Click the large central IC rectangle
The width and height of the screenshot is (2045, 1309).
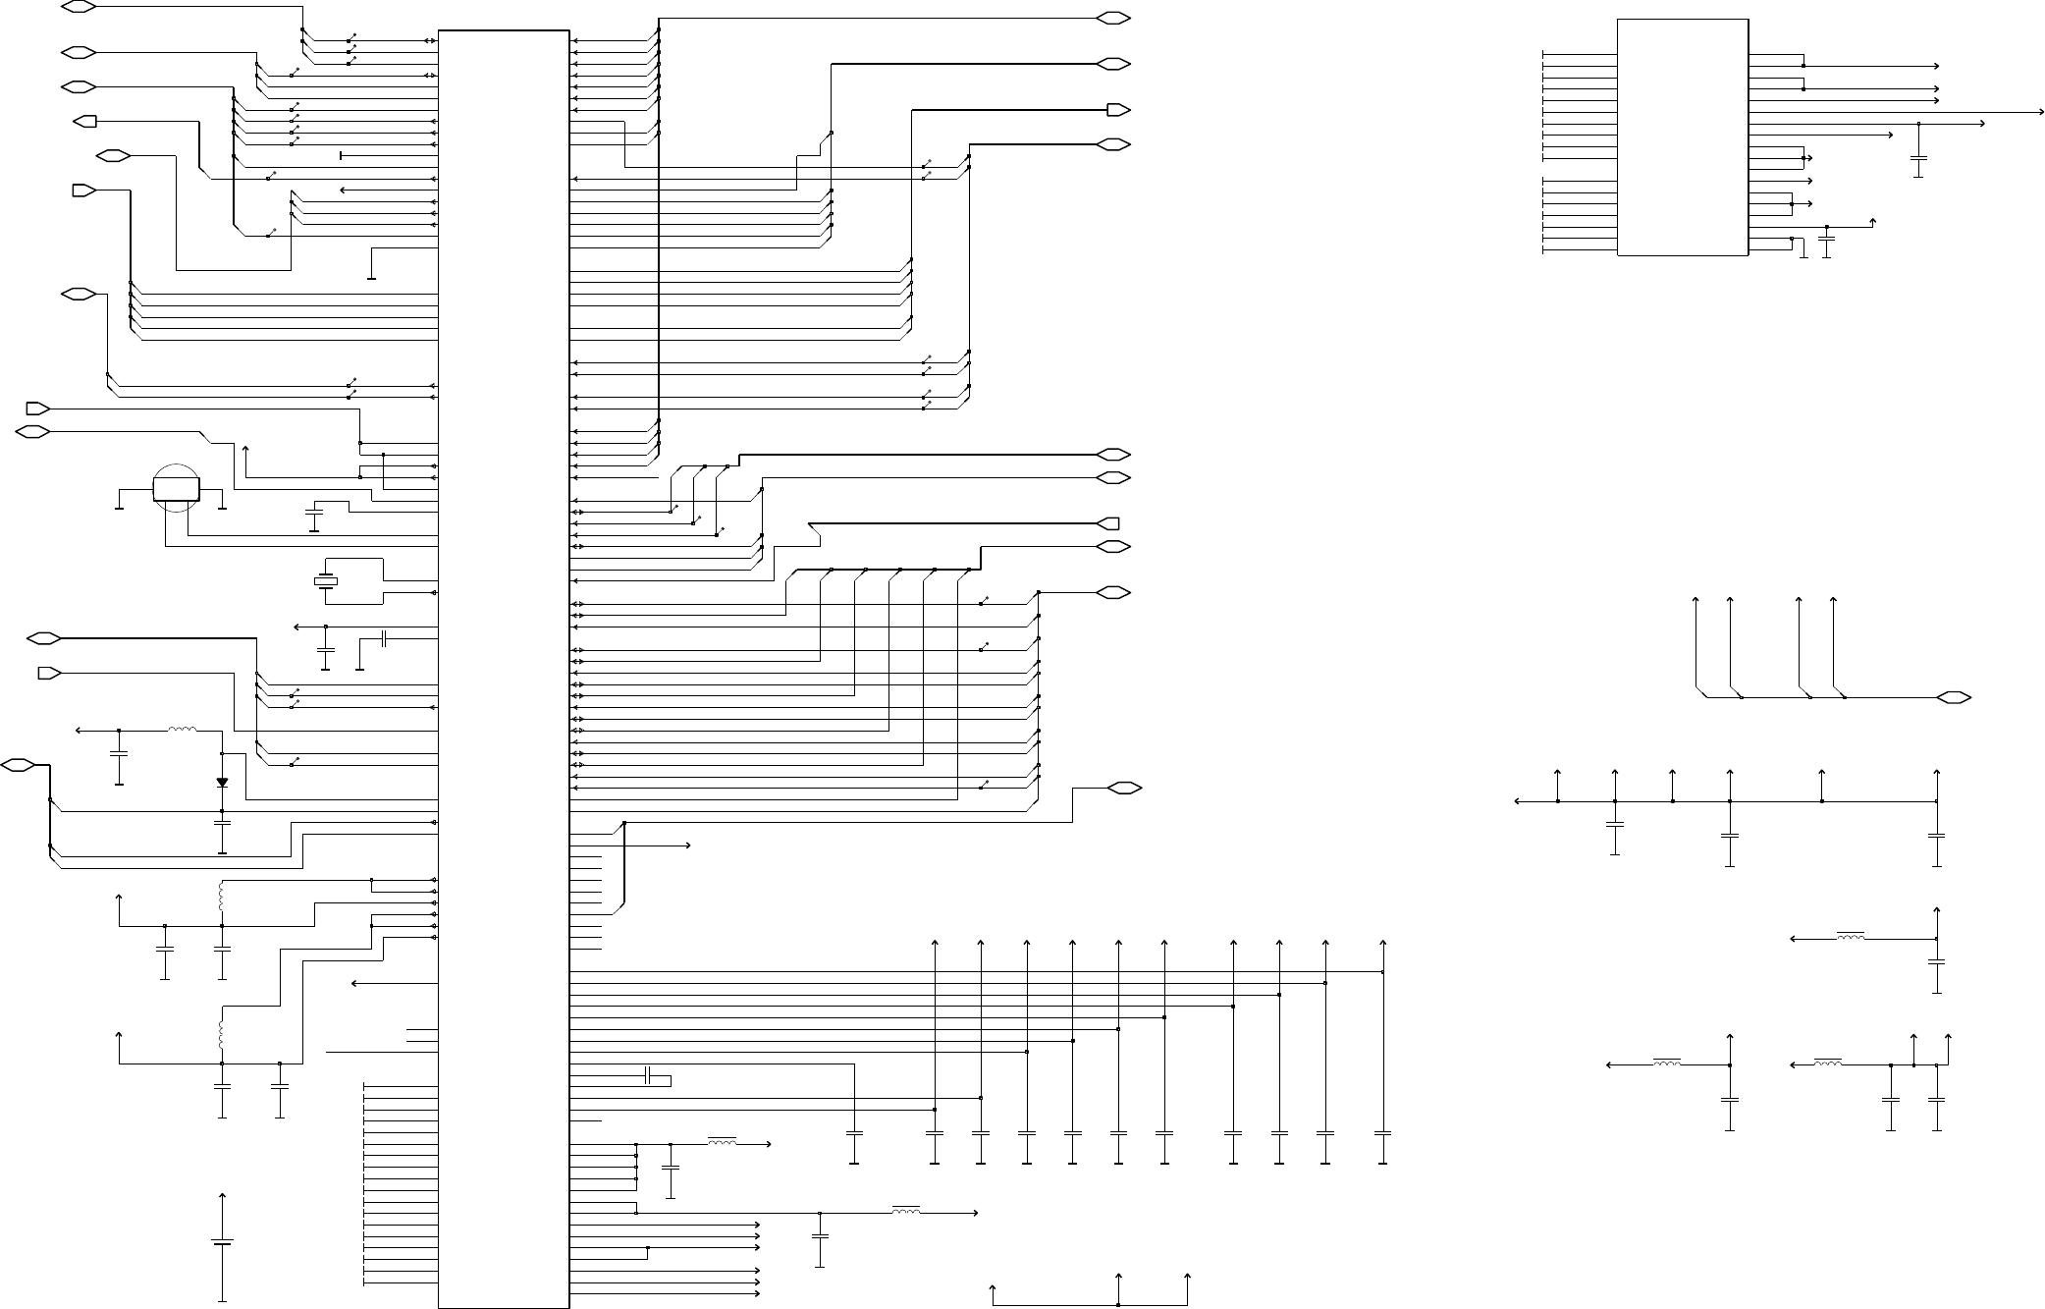pyautogui.click(x=504, y=668)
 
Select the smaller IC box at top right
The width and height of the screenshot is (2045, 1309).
pyautogui.click(x=1682, y=136)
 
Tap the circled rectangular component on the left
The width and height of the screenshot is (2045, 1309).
pyautogui.click(x=177, y=489)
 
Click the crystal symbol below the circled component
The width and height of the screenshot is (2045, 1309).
pyautogui.click(x=325, y=581)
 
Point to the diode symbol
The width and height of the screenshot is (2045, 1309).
pyautogui.click(x=222, y=783)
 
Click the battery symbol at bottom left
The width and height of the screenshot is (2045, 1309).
pyautogui.click(x=223, y=1242)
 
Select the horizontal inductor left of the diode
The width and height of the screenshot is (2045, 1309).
pyautogui.click(x=182, y=730)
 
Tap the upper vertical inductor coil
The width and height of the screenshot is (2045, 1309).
pyautogui.click(x=222, y=896)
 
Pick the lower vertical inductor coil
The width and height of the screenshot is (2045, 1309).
pyautogui.click(x=222, y=1034)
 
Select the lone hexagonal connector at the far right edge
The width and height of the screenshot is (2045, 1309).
pyautogui.click(x=1954, y=697)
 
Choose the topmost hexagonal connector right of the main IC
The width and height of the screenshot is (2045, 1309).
pyautogui.click(x=1114, y=19)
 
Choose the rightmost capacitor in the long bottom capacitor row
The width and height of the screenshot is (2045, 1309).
pyautogui.click(x=1382, y=1133)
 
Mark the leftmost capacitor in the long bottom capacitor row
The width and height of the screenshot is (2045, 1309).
pyautogui.click(x=854, y=1133)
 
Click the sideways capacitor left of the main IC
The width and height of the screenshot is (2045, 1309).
pyautogui.click(x=385, y=639)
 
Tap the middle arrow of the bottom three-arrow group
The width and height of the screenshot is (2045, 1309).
pyautogui.click(x=1119, y=1280)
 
